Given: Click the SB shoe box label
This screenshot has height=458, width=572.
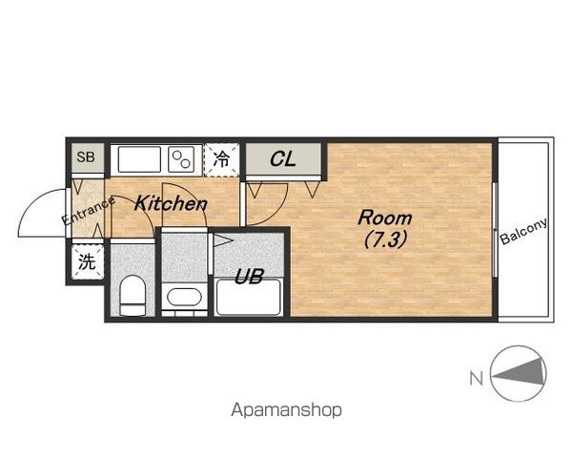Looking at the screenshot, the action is tap(86, 157).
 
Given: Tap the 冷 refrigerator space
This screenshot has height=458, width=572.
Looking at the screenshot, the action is tap(221, 159).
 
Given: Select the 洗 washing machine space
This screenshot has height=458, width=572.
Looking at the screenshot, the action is tap(88, 261).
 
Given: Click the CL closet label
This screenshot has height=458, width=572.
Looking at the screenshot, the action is tap(283, 159).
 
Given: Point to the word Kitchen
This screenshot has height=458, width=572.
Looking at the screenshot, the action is tap(171, 203).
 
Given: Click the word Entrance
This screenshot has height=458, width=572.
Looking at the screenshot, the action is tap(89, 211).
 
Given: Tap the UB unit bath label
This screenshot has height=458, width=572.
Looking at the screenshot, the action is tap(249, 277).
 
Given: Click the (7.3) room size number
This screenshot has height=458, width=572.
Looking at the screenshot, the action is tap(385, 239).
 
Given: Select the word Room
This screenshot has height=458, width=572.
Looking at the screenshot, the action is tap(385, 218).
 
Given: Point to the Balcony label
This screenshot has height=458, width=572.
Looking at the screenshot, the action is tap(523, 231).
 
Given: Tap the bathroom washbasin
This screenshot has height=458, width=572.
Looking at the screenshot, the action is tap(184, 298).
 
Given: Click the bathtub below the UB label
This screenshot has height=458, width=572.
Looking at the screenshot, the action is tap(249, 297).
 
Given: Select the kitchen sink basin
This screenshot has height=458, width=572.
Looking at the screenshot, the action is tap(139, 159).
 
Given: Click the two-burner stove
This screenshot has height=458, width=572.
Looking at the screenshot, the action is tap(181, 159).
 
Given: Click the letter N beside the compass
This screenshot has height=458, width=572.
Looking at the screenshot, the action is tap(477, 379).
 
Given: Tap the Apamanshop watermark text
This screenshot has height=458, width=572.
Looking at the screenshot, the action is tap(286, 410).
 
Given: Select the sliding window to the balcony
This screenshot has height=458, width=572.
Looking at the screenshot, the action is tap(495, 229).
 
